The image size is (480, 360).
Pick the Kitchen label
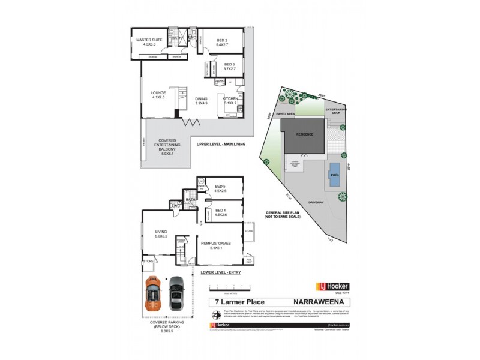click(230, 101)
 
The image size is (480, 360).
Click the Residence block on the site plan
click(305, 134)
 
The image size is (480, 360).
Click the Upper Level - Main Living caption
click(221, 145)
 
